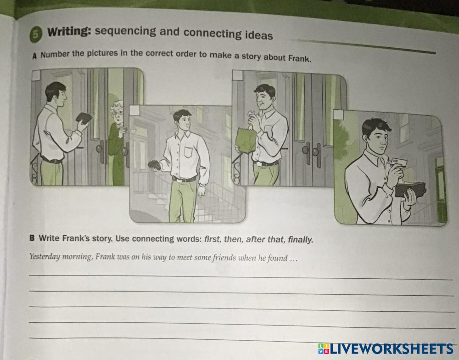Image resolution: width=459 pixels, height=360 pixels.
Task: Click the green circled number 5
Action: point(35,34)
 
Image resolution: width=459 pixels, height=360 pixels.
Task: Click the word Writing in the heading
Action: point(69,31)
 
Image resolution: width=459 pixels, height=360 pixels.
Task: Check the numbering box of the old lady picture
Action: point(35,75)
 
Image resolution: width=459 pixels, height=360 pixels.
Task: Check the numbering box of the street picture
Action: point(134,110)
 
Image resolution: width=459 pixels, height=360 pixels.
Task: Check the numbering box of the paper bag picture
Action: point(237,75)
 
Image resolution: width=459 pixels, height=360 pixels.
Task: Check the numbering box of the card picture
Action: point(338,114)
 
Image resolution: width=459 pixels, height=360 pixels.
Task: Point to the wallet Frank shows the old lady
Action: point(84,118)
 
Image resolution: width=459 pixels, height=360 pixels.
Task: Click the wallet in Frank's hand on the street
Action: point(154,165)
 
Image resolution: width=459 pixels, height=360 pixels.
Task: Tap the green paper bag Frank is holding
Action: point(246,141)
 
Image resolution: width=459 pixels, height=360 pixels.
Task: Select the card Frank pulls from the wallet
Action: point(398,163)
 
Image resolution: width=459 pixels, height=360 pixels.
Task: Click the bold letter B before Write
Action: point(32,238)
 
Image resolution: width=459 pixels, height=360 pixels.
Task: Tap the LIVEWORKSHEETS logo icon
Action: point(324,349)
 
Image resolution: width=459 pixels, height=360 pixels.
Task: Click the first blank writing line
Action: point(241,277)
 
